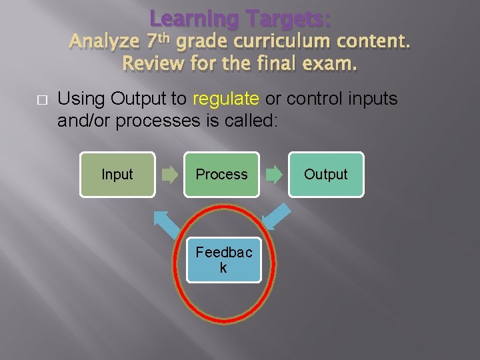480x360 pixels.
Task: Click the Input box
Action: [x=117, y=175]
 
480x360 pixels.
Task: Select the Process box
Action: [x=221, y=175]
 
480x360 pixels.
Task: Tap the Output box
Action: [x=326, y=175]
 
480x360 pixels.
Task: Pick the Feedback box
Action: [x=223, y=260]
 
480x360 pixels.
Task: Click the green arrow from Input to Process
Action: [x=170, y=175]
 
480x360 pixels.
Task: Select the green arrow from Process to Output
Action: [x=274, y=175]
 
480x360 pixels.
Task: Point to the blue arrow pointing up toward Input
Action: [x=166, y=223]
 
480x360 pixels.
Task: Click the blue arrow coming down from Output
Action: [x=276, y=216]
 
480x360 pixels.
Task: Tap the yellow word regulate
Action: [x=225, y=99]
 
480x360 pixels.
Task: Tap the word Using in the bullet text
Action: [x=81, y=99]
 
